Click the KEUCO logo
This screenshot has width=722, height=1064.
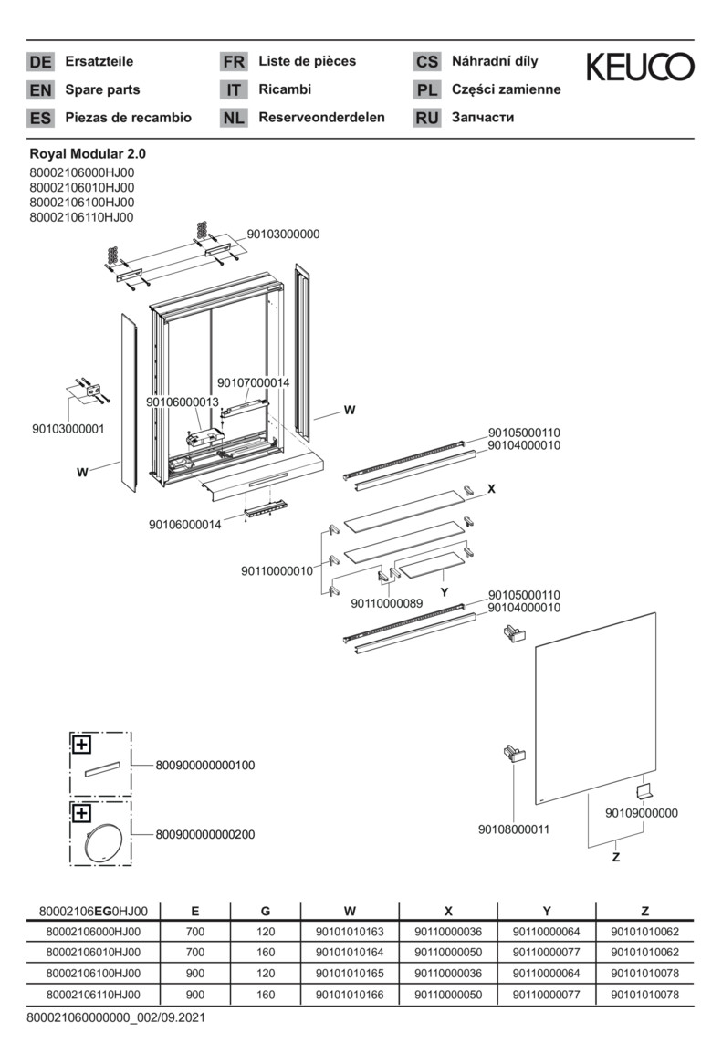(639, 67)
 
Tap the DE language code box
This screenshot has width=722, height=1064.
(41, 62)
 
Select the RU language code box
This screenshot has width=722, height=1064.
(426, 118)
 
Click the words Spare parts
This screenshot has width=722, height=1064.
(102, 89)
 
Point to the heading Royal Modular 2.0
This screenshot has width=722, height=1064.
(88, 154)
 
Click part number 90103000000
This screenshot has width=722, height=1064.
(283, 234)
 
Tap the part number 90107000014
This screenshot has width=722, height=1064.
(253, 383)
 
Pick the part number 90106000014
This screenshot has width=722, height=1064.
(185, 525)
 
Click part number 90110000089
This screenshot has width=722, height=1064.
(387, 602)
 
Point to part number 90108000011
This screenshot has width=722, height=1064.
(514, 829)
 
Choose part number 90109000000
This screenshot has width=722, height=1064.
(642, 812)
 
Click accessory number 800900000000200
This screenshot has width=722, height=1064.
(205, 834)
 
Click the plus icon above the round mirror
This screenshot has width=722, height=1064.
(82, 812)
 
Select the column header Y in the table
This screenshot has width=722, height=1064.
(546, 911)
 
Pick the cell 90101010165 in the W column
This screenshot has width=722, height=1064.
(350, 974)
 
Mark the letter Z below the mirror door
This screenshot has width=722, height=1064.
(615, 858)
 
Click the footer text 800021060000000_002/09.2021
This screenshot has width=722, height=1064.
(116, 1017)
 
